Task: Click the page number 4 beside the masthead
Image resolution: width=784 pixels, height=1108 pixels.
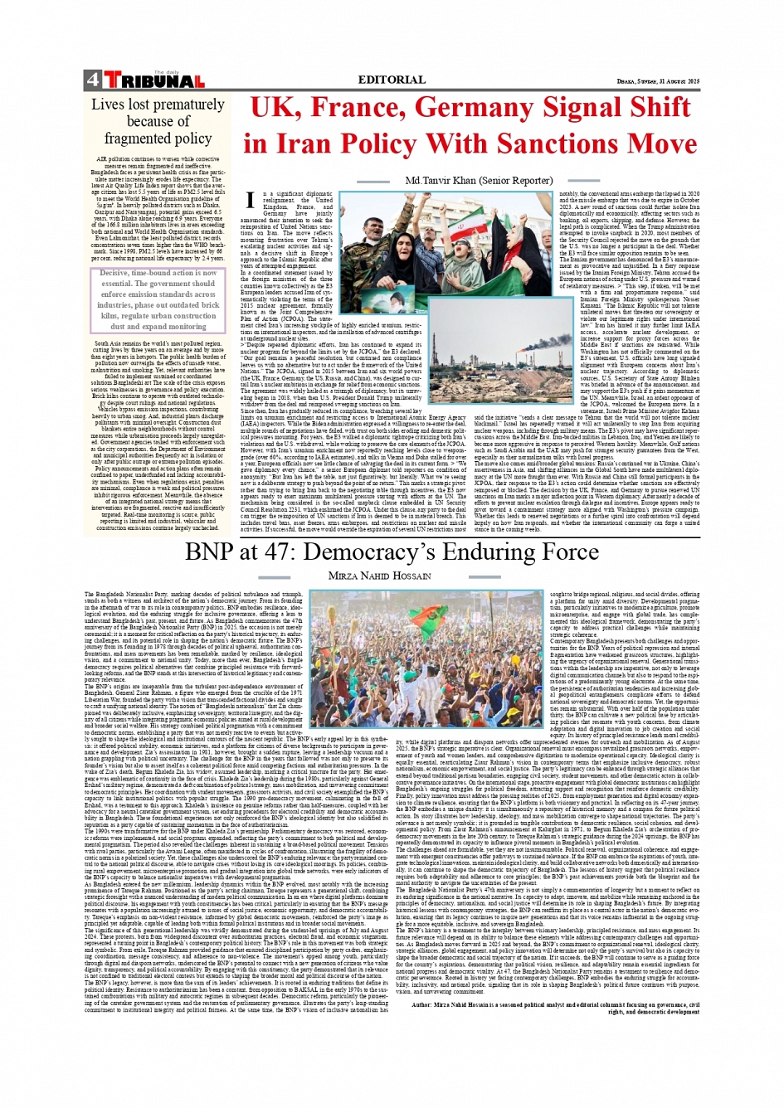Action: pos(91,80)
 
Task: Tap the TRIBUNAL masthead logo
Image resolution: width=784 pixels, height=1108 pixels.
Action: pos(155,81)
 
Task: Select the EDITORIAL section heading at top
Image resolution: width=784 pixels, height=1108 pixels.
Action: pos(391,80)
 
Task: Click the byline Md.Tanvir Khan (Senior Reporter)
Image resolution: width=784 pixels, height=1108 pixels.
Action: pos(478,180)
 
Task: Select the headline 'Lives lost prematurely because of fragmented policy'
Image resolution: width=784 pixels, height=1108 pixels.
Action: pos(158,121)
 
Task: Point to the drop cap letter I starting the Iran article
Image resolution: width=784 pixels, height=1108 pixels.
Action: pos(250,198)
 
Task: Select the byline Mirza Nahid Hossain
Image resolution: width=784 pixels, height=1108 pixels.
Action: pos(379,576)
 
